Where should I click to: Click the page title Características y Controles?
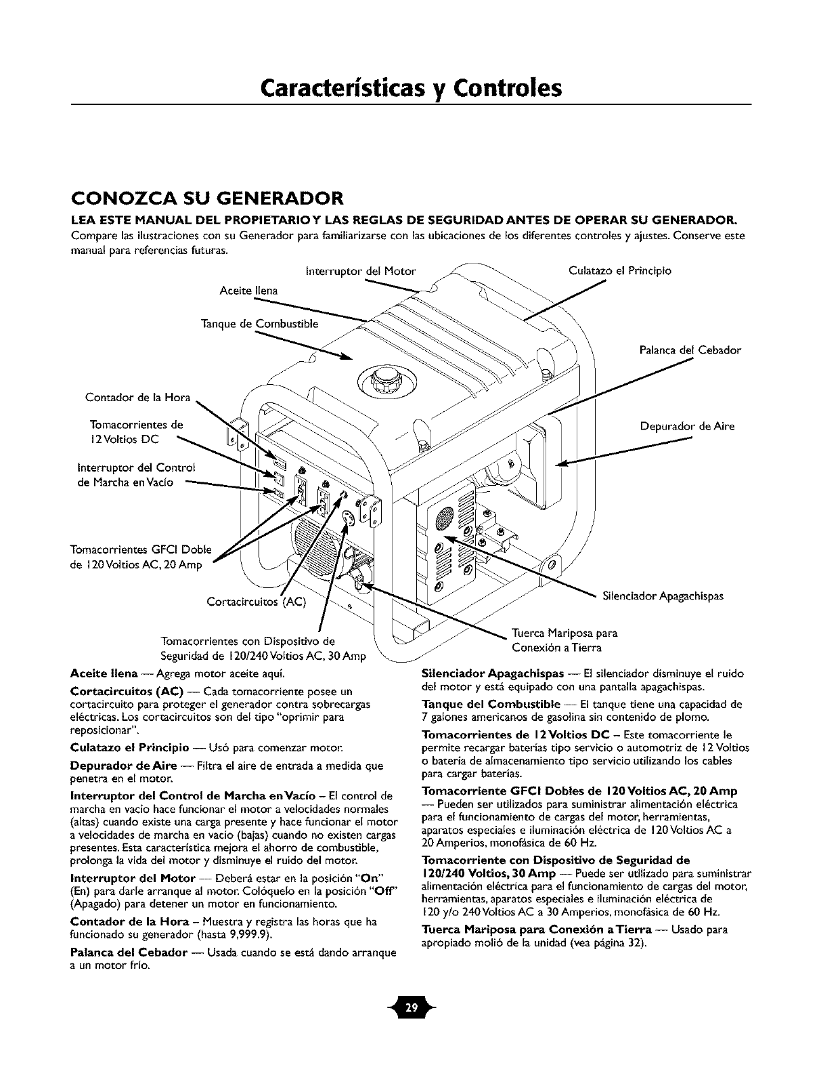click(x=411, y=88)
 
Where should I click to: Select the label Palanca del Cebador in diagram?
click(x=690, y=350)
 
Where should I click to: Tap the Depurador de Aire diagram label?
click(x=687, y=426)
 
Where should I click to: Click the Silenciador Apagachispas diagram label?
click(x=663, y=596)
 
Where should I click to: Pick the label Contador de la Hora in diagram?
click(x=138, y=396)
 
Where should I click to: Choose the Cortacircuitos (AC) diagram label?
click(x=257, y=602)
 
